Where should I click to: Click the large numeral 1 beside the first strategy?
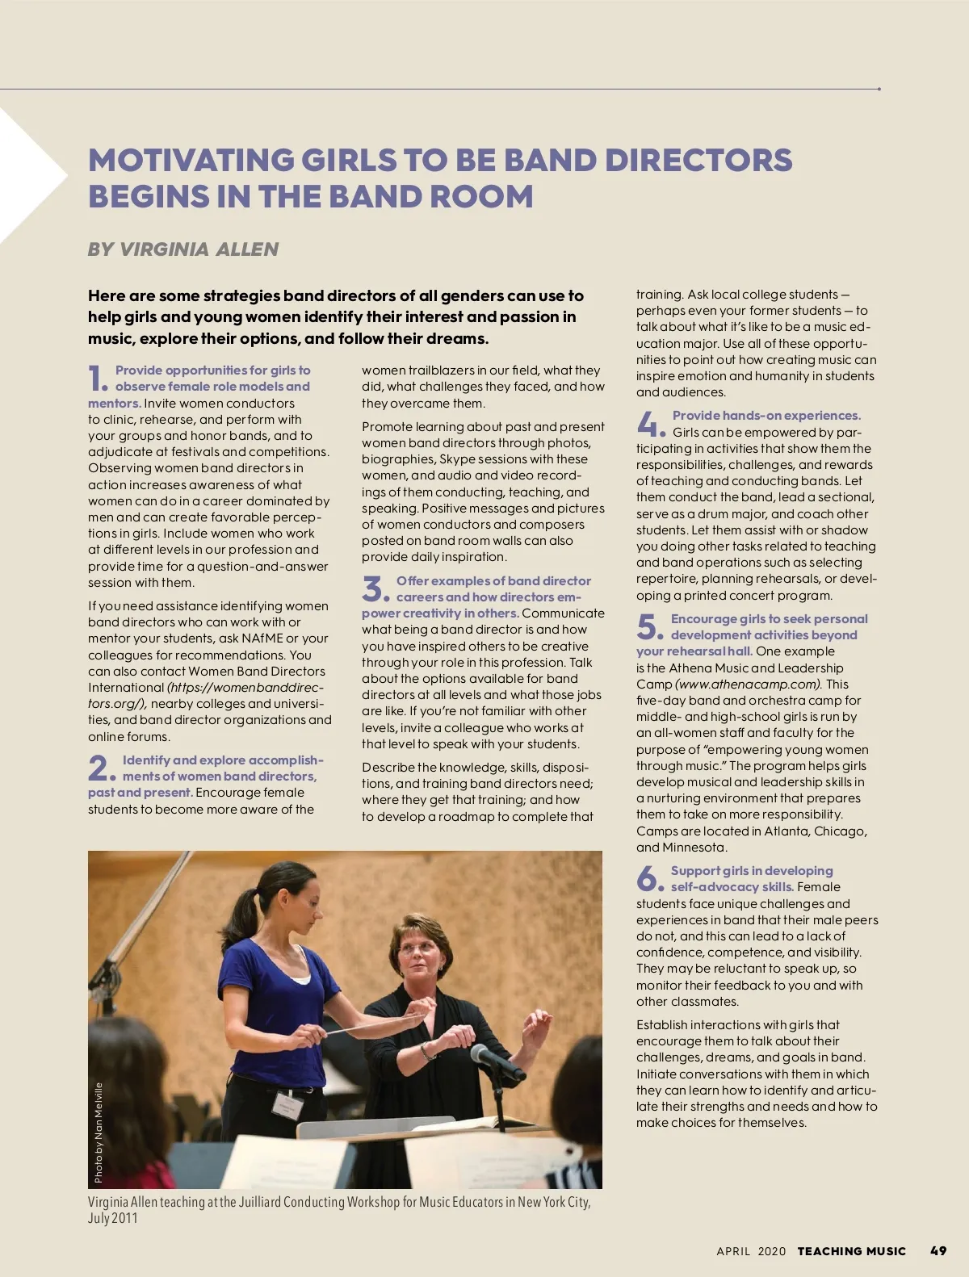[x=97, y=378]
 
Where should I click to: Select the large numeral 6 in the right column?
[x=648, y=878]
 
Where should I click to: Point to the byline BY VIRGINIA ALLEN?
[x=183, y=249]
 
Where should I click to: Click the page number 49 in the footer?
[x=938, y=1250]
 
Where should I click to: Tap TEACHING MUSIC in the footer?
[x=851, y=1251]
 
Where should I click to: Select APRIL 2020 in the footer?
[x=750, y=1251]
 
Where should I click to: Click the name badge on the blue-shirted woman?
[x=287, y=1103]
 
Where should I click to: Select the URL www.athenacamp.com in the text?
[x=749, y=684]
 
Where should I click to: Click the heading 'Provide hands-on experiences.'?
[x=766, y=416]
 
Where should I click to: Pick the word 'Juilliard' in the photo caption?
[x=260, y=1202]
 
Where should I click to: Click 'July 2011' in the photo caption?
[x=113, y=1218]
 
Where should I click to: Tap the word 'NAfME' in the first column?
[x=263, y=638]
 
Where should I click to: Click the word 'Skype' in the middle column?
[x=459, y=459]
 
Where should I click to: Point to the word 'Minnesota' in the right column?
[x=694, y=848]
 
